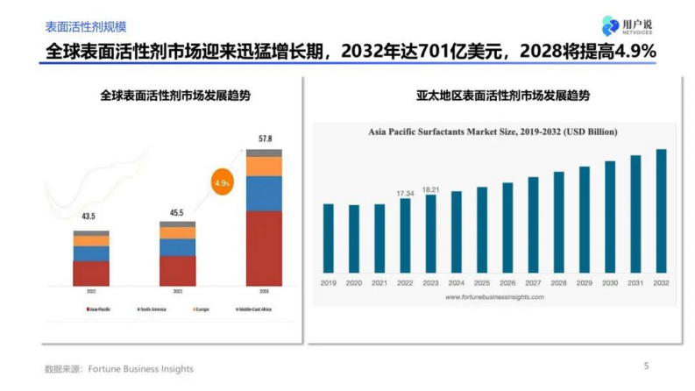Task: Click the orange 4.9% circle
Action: click(x=222, y=184)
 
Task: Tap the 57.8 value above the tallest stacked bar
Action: click(x=265, y=139)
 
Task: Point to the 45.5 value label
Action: click(x=177, y=211)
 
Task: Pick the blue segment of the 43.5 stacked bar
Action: click(x=91, y=253)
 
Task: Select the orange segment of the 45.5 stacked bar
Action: click(x=178, y=233)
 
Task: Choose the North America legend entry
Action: click(x=147, y=309)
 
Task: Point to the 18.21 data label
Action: click(x=430, y=188)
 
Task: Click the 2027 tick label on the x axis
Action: click(x=533, y=283)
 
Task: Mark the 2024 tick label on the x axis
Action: click(x=456, y=283)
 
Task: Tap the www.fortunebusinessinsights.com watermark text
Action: click(x=493, y=297)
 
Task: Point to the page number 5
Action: click(x=647, y=366)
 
